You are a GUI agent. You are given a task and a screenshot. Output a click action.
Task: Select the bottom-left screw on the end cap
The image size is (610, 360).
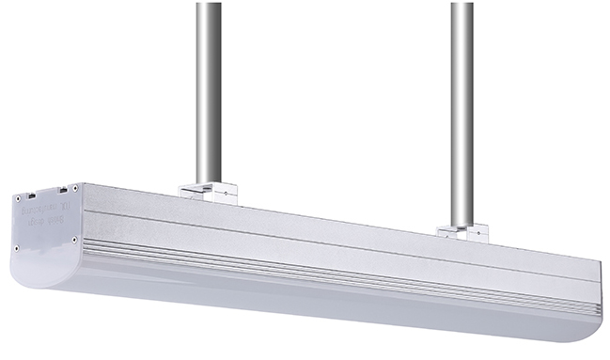point(16,247)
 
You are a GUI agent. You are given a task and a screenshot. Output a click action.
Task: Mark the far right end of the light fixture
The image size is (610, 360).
point(596,301)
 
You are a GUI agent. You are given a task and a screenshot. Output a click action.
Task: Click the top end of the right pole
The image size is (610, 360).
point(461,6)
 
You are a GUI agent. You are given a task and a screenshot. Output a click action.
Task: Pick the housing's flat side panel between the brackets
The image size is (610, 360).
point(329,235)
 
